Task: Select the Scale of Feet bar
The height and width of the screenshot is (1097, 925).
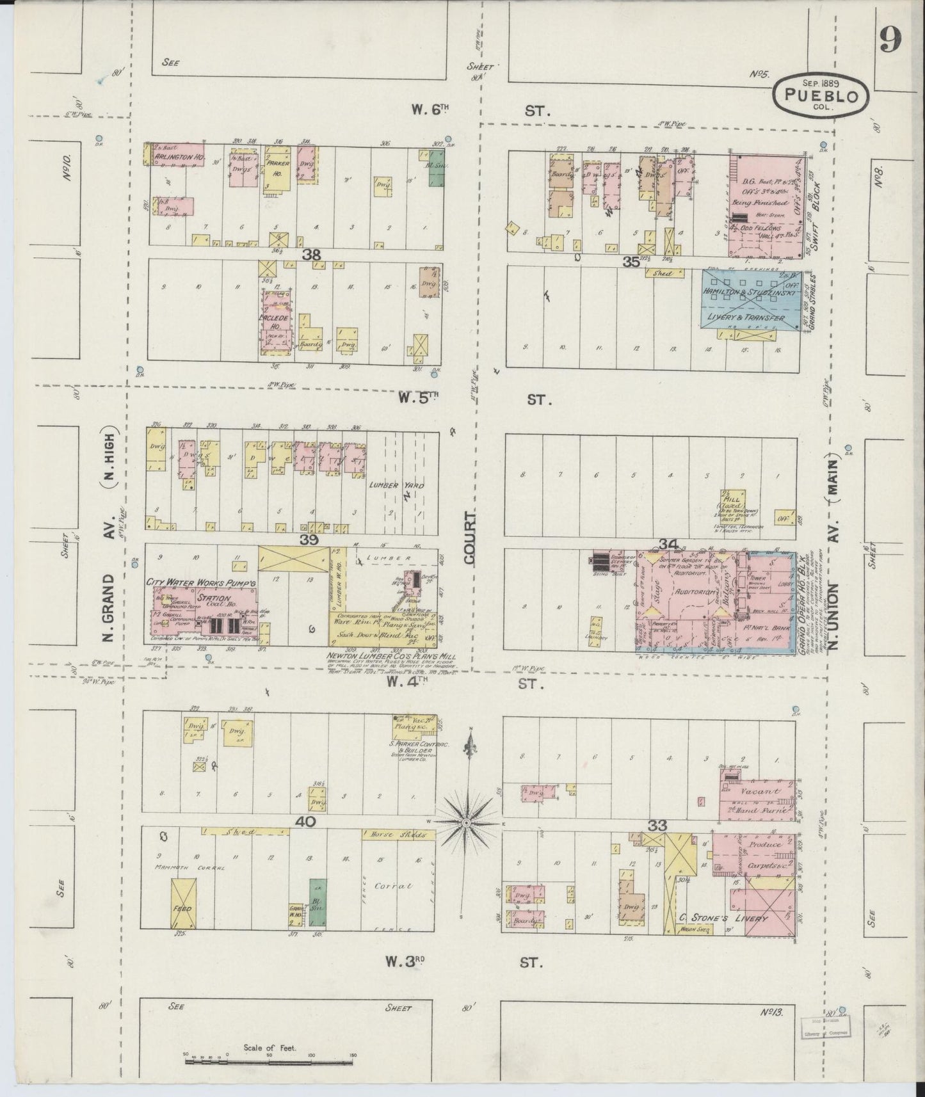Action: point(269,1061)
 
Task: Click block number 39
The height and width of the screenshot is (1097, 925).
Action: point(310,541)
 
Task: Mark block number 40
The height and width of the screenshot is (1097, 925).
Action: point(306,821)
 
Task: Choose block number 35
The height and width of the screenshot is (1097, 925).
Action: point(632,261)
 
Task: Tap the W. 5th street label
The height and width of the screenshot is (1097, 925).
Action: point(417,398)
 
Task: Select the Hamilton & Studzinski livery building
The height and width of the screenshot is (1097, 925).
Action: point(748,303)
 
